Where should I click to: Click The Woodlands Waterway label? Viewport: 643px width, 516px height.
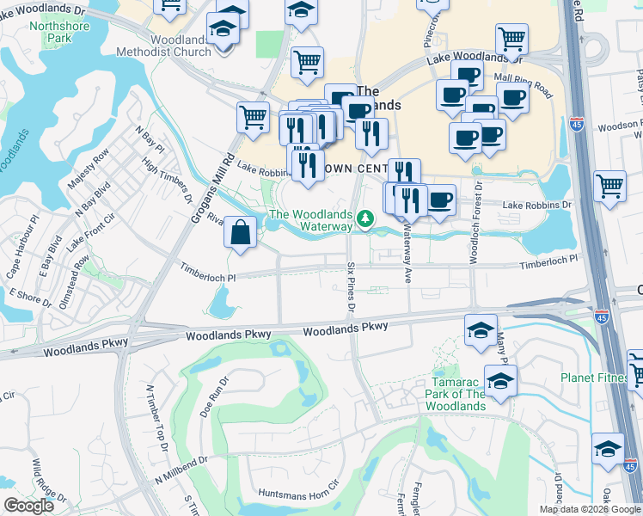pos(310,220)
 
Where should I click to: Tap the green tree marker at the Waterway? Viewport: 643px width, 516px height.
pos(366,219)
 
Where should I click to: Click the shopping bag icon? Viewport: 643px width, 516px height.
pos(242,232)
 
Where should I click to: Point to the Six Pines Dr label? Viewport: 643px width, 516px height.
pos(352,286)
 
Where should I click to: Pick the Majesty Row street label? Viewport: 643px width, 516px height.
pos(89,169)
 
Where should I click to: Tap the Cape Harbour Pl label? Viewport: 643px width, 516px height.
pos(24,247)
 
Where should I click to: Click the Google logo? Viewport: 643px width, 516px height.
pos(29,506)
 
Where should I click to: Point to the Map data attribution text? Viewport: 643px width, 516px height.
pos(590,509)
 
